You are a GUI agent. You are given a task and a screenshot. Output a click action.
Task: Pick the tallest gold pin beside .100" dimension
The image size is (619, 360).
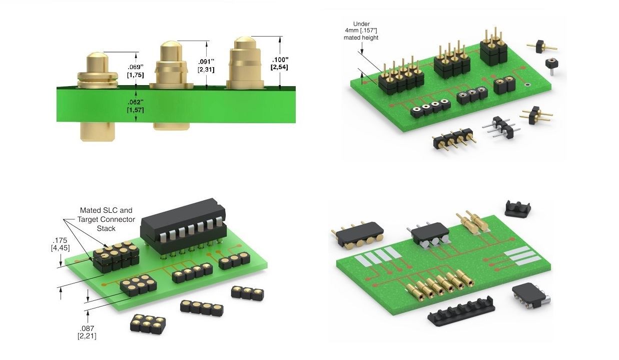pos(244,63)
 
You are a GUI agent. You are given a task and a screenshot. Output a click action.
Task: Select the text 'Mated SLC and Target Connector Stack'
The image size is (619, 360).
pos(106,219)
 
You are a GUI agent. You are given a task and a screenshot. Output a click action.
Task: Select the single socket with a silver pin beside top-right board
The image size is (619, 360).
pos(551,65)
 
